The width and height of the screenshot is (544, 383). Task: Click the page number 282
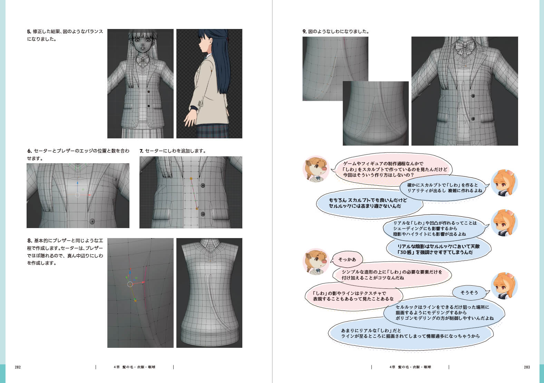pos(18,367)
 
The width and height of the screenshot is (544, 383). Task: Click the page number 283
pos(527,367)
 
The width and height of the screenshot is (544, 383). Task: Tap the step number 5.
pos(29,31)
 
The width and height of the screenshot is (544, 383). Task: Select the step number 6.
pos(29,151)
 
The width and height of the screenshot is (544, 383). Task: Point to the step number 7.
pos(141,151)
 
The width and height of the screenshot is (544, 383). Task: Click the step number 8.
pos(30,240)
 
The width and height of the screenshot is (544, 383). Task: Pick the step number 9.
pos(304,31)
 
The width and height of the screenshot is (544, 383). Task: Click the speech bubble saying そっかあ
pos(347,259)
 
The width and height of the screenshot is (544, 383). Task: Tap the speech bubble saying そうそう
pos(469,293)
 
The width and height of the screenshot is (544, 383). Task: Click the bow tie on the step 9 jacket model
pos(465,47)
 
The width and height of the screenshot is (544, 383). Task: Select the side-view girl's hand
pos(191,118)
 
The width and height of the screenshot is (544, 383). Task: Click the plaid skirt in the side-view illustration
pos(212,131)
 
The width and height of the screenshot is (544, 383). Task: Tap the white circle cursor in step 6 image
pos(77,195)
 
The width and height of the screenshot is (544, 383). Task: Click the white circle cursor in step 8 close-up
pos(130,284)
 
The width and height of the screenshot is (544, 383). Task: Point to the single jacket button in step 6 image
pos(92,221)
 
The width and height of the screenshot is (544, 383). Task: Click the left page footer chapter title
pos(135,367)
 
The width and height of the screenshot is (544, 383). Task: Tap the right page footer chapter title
pos(410,367)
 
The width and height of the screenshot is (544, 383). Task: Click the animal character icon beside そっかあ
pos(316,262)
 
